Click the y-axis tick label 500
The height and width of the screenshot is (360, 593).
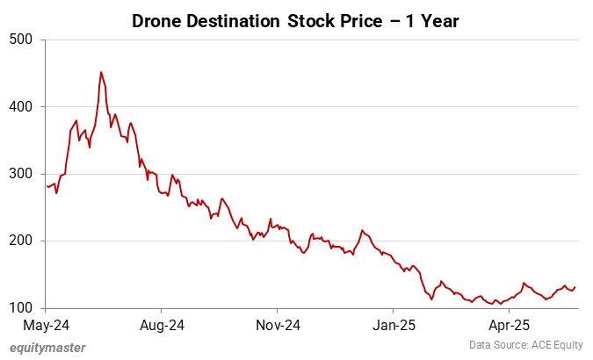click(x=20, y=40)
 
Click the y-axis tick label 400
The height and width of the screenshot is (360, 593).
click(x=20, y=106)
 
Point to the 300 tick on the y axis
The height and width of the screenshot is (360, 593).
click(x=20, y=174)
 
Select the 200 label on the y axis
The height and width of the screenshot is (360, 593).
click(x=20, y=241)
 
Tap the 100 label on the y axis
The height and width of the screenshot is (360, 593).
click(x=20, y=308)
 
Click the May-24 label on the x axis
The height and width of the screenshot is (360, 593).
click(x=47, y=326)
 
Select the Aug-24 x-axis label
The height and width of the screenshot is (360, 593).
click(x=162, y=326)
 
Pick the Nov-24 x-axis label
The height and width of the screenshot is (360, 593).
click(x=278, y=326)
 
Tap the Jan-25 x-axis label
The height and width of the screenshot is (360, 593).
click(x=393, y=326)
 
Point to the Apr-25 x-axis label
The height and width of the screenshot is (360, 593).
click(x=509, y=326)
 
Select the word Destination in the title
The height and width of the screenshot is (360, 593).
click(x=235, y=20)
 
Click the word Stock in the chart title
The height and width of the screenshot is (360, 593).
click(x=311, y=20)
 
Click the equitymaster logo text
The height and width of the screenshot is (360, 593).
click(x=48, y=348)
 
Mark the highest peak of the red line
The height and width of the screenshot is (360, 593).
click(x=101, y=72)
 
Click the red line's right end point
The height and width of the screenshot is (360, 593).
click(x=575, y=287)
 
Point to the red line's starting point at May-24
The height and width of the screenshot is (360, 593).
click(x=47, y=185)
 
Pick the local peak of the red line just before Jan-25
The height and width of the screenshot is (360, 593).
click(x=362, y=230)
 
